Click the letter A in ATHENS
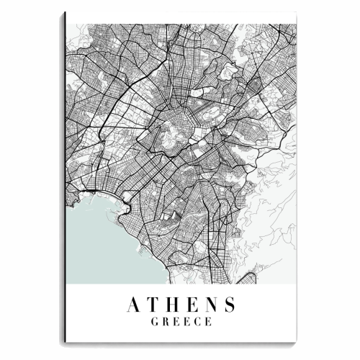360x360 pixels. click(x=134, y=305)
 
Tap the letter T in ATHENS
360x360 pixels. click(x=153, y=305)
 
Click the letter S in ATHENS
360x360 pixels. click(x=229, y=305)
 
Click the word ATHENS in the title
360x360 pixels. click(x=181, y=305)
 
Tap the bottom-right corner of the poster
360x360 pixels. click(x=297, y=347)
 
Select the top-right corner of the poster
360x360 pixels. click(x=297, y=23)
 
